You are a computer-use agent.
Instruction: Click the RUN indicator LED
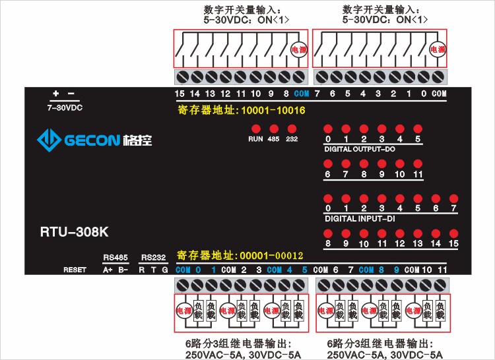coord(255,129)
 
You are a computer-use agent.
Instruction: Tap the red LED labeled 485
coord(273,129)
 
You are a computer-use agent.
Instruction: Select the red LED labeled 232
coord(292,129)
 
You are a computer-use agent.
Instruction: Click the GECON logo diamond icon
coord(48,139)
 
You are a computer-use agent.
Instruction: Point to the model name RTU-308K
coord(74,232)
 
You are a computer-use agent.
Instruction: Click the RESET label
coord(75,270)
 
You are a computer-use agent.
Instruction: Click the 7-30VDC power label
coord(65,107)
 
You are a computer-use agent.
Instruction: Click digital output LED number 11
coord(417,164)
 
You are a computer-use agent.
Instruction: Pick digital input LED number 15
coord(453,233)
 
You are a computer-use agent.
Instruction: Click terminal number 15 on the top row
coord(180,94)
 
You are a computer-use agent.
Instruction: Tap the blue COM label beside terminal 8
coord(302,94)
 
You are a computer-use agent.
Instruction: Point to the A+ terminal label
coord(108,270)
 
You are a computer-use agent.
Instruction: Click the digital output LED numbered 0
coord(327,129)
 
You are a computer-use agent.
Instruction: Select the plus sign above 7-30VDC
coord(56,94)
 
